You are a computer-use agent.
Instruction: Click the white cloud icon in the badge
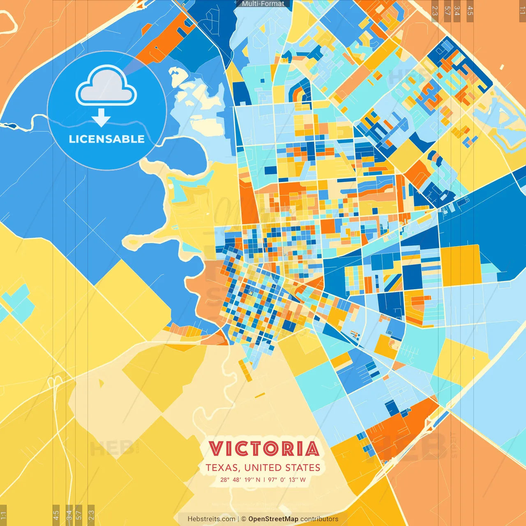tap(106, 85)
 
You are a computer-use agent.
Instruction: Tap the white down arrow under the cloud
tap(101, 118)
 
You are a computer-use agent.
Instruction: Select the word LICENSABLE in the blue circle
tap(107, 139)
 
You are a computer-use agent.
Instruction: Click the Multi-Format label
tap(263, 4)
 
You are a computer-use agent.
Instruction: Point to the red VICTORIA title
tap(264, 449)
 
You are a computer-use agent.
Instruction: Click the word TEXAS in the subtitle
tap(222, 468)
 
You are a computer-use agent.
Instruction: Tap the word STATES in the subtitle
tap(302, 468)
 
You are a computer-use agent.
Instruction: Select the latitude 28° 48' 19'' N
tap(240, 480)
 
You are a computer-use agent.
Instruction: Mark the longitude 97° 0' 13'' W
tap(287, 480)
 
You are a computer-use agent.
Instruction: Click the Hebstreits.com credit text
tap(211, 519)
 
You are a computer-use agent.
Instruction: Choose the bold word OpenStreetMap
tap(273, 519)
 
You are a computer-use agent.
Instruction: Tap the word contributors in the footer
tap(319, 519)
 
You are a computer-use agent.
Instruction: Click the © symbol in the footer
tap(244, 519)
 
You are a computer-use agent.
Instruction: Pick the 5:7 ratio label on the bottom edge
tap(79, 514)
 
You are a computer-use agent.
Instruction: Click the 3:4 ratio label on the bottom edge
tap(69, 514)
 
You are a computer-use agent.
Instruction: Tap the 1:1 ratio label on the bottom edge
tap(3, 514)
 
